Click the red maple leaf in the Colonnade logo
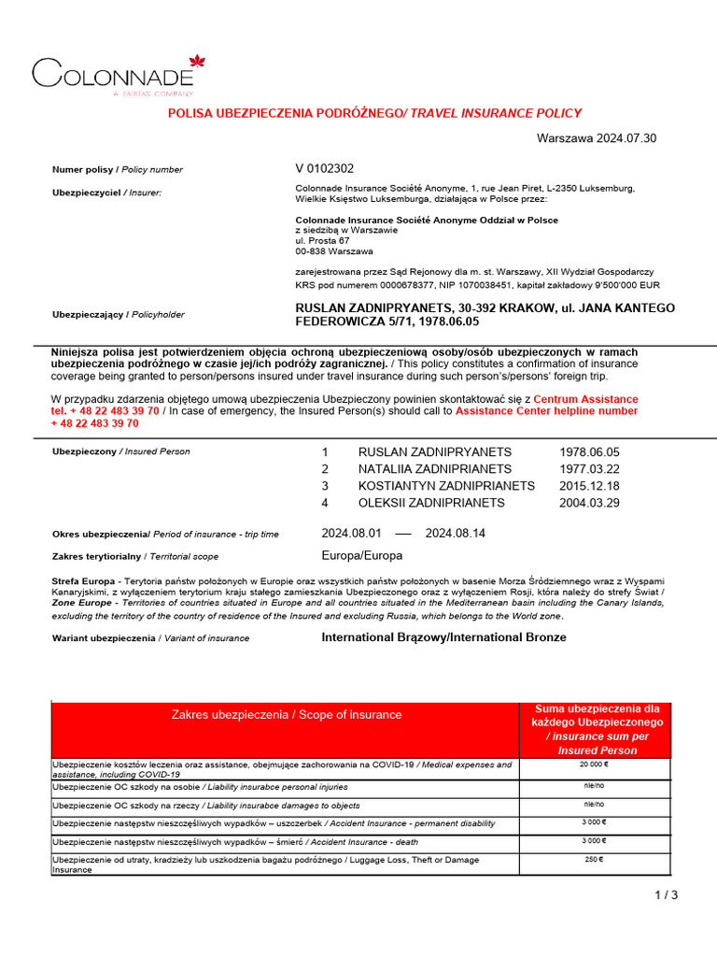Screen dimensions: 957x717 [196, 63]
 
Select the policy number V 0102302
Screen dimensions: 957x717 [324, 169]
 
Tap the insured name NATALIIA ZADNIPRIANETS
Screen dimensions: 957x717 [435, 468]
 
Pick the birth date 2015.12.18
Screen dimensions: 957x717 [589, 486]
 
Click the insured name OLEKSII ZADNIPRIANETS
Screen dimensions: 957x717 [431, 503]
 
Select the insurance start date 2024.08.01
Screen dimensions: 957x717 [347, 534]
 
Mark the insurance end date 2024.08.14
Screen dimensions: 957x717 [456, 534]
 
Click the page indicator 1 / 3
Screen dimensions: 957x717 [667, 895]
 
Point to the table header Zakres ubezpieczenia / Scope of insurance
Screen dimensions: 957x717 [286, 715]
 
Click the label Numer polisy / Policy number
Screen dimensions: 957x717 [118, 170]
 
